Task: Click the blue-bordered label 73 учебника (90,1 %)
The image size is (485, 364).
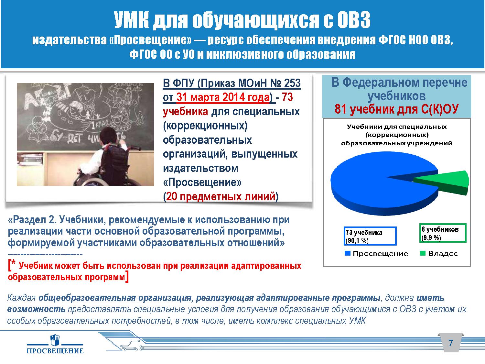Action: tap(370, 236)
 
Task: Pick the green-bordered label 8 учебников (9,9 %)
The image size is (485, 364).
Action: tap(442, 233)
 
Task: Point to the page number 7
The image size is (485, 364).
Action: tap(450, 343)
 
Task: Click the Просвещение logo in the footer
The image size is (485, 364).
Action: tap(55, 344)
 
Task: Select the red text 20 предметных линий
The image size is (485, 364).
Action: tap(221, 196)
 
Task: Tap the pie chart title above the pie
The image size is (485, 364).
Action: tap(396, 135)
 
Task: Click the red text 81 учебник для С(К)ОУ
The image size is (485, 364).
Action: tap(396, 109)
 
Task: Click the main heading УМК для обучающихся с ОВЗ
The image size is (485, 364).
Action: tap(242, 20)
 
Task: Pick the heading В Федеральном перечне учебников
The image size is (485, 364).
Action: tap(399, 89)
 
